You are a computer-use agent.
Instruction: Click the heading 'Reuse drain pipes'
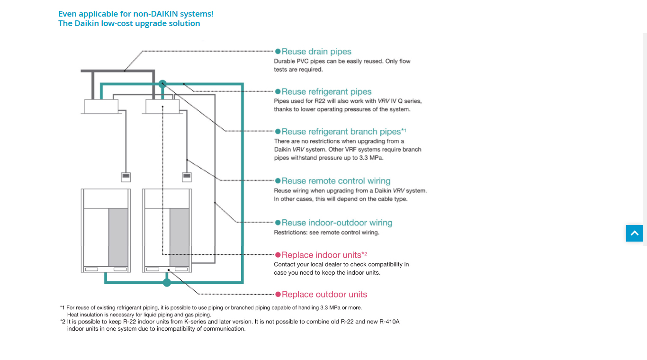click(316, 52)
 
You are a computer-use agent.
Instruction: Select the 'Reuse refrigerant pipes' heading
click(326, 92)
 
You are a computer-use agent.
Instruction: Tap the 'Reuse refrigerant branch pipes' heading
click(341, 132)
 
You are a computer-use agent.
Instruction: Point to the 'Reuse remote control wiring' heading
click(336, 181)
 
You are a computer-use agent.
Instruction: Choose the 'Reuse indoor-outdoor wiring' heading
click(337, 223)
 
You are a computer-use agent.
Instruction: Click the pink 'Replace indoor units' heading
click(322, 255)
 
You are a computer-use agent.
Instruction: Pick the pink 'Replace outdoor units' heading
click(324, 295)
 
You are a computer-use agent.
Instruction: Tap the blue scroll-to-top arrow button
click(634, 234)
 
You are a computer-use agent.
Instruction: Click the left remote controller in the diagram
click(126, 177)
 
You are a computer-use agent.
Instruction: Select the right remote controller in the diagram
click(187, 177)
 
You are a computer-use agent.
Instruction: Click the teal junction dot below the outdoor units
click(167, 283)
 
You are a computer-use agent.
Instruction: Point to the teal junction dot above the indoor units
click(162, 83)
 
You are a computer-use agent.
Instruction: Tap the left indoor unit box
click(101, 107)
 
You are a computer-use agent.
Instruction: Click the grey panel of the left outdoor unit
click(118, 237)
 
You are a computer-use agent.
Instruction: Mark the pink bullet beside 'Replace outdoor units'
click(278, 295)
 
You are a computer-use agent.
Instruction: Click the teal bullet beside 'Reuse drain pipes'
click(278, 52)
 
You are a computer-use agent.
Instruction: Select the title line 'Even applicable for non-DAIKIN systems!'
click(136, 14)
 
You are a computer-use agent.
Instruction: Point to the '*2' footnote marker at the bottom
click(63, 321)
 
